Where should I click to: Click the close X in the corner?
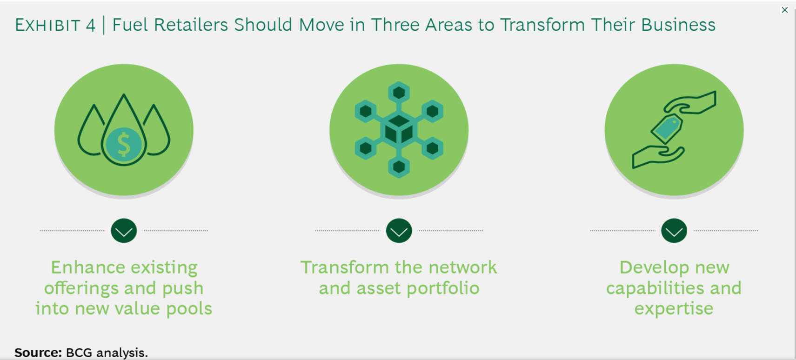click(x=785, y=10)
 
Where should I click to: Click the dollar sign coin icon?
click(x=124, y=145)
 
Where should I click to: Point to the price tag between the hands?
click(x=667, y=128)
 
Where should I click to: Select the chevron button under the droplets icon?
click(x=124, y=231)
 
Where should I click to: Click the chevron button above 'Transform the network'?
click(x=399, y=231)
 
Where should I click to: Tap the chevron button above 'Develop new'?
click(x=674, y=231)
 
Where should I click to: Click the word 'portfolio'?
click(x=443, y=288)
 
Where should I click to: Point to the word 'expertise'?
click(x=674, y=309)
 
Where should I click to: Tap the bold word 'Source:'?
click(x=38, y=353)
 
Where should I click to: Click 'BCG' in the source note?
click(x=79, y=353)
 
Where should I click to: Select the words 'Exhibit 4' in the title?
click(x=55, y=25)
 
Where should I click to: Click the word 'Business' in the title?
click(x=678, y=25)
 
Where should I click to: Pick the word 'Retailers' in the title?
click(x=191, y=25)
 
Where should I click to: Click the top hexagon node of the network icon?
click(x=399, y=93)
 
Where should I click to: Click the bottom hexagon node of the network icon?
click(x=399, y=167)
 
